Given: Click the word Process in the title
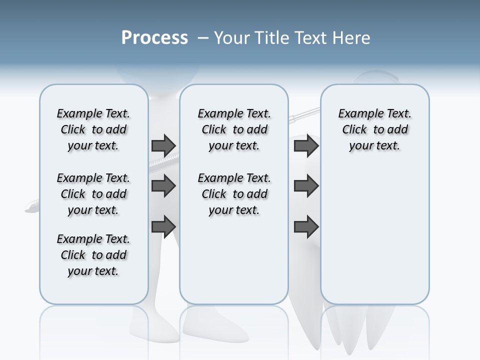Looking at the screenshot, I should pyautogui.click(x=154, y=38).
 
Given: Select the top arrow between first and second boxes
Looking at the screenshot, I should pyautogui.click(x=163, y=145).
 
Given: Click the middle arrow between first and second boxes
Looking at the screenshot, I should pyautogui.click(x=163, y=186).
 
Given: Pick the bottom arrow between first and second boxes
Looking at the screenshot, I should pyautogui.click(x=163, y=226).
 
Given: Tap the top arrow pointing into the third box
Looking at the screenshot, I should pyautogui.click(x=306, y=145).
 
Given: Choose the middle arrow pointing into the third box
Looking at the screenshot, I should pyautogui.click(x=306, y=186).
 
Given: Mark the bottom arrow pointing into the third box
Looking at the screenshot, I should pyautogui.click(x=306, y=226).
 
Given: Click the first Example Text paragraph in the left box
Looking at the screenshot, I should pyautogui.click(x=93, y=129).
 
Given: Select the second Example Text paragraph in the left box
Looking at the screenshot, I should pyautogui.click(x=93, y=194).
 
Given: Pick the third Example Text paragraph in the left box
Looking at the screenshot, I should pyautogui.click(x=93, y=255).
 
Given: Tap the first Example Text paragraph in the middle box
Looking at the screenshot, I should pyautogui.click(x=234, y=129).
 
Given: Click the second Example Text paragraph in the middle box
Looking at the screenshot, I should pyautogui.click(x=234, y=194).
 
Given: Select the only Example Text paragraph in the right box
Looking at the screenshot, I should pyautogui.click(x=375, y=129).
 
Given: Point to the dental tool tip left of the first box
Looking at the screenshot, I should pyautogui.click(x=31, y=207).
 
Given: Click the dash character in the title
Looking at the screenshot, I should pyautogui.click(x=203, y=38).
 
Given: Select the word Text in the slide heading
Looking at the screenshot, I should pyautogui.click(x=310, y=38).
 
